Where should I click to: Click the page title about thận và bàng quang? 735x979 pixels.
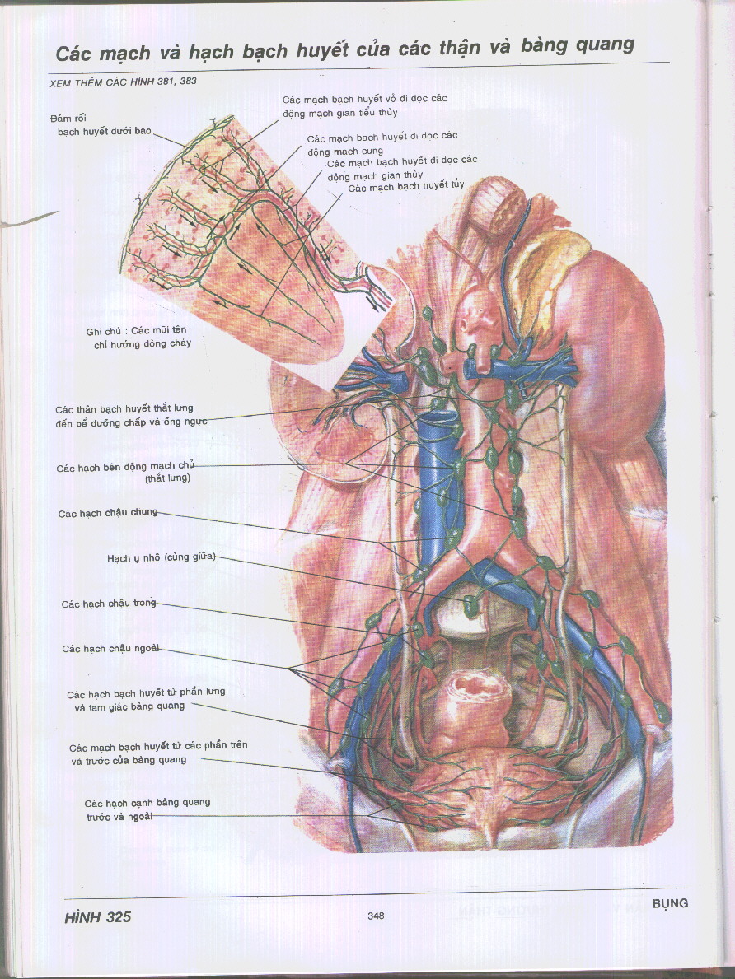point(344,48)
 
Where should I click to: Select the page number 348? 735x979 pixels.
point(376,916)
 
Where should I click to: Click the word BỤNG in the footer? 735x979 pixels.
point(669,903)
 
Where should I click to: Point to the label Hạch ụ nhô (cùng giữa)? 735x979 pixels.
point(161,557)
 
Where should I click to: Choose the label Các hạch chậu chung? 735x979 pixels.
point(107,514)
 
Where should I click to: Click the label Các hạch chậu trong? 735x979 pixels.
point(109,604)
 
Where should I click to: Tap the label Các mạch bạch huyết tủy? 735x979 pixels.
point(405,187)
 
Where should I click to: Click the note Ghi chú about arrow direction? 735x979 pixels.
point(138,337)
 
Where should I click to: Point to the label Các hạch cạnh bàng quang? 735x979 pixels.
point(147,809)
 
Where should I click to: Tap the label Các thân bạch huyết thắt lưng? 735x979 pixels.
point(129,415)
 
